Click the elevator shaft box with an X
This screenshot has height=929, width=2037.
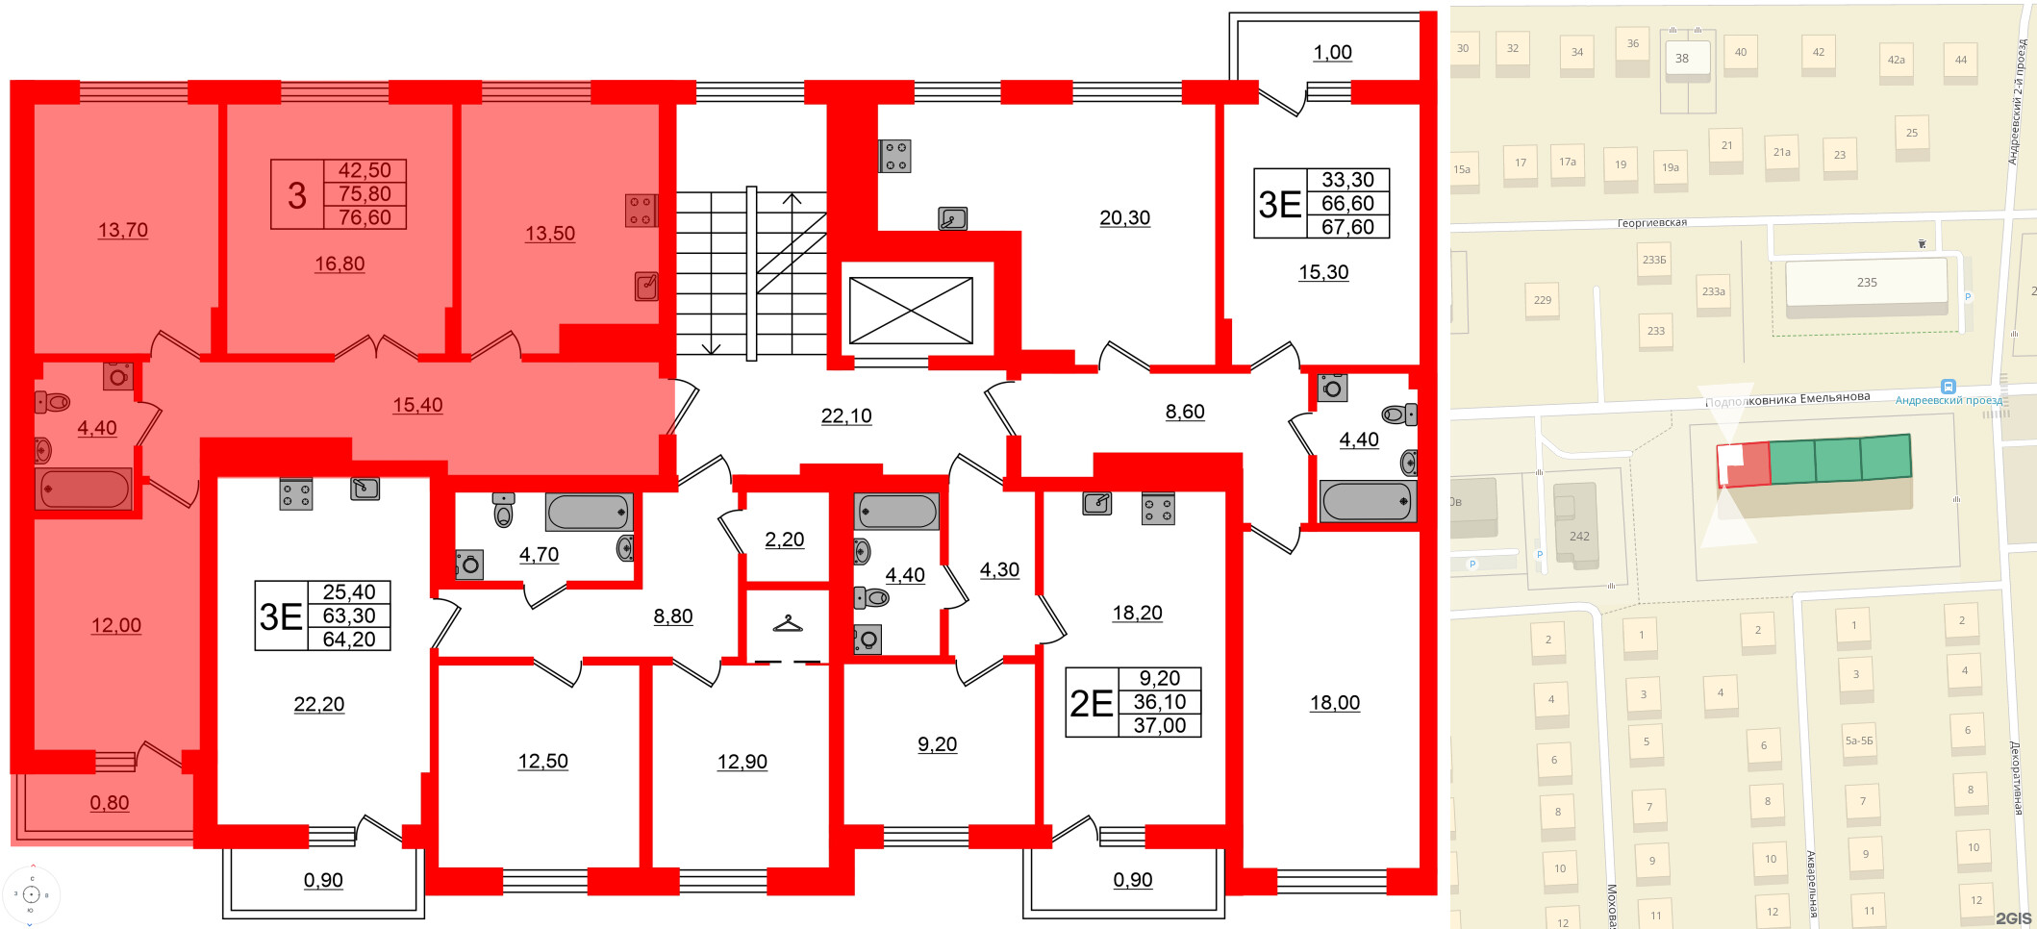click(x=911, y=311)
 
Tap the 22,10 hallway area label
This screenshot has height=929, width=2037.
click(x=846, y=415)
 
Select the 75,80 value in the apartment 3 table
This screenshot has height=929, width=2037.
click(x=365, y=194)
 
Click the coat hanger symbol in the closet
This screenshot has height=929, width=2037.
click(x=788, y=624)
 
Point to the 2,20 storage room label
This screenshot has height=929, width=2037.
click(x=785, y=540)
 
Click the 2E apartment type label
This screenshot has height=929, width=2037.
click(x=1092, y=703)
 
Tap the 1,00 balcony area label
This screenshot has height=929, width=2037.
click(x=1333, y=53)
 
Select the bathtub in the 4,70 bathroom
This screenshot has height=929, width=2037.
click(x=589, y=512)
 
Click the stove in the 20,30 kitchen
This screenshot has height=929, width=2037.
click(x=895, y=157)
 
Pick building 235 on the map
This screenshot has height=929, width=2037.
click(x=1866, y=283)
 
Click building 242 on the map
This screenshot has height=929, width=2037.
click(x=1579, y=535)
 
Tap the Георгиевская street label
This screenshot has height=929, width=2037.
click(x=1651, y=223)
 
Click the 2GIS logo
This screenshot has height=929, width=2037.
click(x=2012, y=918)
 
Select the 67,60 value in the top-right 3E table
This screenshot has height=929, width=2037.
click(x=1347, y=227)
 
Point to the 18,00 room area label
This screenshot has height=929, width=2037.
click(x=1335, y=703)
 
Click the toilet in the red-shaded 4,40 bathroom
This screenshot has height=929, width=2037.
click(x=54, y=402)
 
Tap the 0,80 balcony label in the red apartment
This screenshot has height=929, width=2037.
click(x=110, y=803)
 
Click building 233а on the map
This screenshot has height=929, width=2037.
click(x=1713, y=291)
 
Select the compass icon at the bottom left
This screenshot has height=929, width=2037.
click(x=31, y=894)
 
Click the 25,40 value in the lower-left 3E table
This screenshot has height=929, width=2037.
click(x=349, y=592)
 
